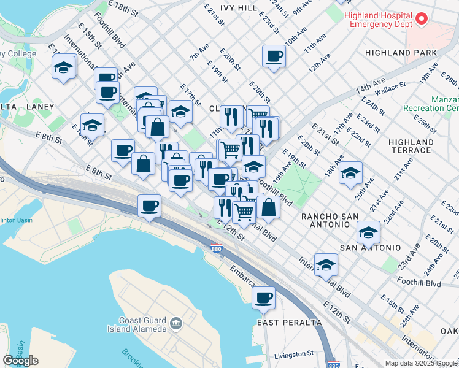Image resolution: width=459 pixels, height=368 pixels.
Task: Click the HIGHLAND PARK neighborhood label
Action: pyautogui.click(x=400, y=53)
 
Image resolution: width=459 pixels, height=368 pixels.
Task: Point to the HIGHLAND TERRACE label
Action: pyautogui.click(x=411, y=146)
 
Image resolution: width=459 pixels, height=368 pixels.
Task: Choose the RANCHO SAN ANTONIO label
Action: pyautogui.click(x=333, y=220)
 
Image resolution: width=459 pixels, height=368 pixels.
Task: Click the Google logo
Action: pyautogui.click(x=21, y=361)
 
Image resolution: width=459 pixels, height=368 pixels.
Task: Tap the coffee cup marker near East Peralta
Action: pyautogui.click(x=264, y=299)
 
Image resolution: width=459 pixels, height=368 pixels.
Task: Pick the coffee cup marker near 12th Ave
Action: pyautogui.click(x=274, y=57)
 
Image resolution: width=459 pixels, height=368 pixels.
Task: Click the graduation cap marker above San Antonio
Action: pyautogui.click(x=368, y=232)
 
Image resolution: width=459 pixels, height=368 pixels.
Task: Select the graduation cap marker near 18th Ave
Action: pyautogui.click(x=350, y=174)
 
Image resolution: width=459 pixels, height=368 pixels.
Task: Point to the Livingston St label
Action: pyautogui.click(x=294, y=355)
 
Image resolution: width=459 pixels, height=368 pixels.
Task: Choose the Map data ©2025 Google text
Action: pyautogui.click(x=421, y=363)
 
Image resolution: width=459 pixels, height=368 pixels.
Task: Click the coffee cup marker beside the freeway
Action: pyautogui.click(x=149, y=206)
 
